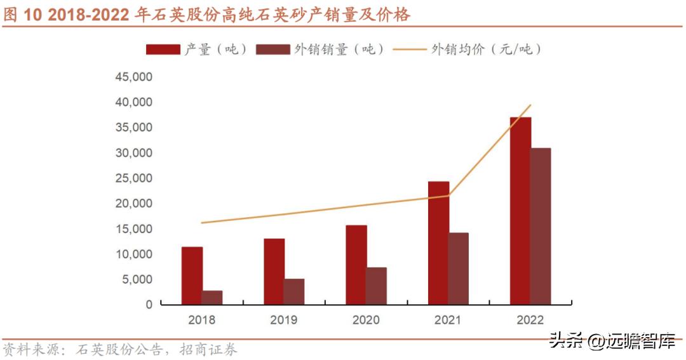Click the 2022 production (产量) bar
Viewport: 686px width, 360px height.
520,211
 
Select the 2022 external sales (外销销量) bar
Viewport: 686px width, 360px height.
541,226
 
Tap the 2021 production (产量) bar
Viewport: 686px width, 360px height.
438,243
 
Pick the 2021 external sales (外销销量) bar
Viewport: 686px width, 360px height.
459,269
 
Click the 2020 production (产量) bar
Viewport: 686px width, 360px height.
356,265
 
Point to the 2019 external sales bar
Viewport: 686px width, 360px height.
294,291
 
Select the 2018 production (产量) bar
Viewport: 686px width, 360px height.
192,276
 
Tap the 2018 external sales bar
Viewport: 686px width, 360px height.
212,297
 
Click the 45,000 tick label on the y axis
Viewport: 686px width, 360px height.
133,77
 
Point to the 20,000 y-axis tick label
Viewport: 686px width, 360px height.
133,203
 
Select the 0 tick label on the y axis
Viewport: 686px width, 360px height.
149,305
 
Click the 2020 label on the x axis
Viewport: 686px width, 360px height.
366,319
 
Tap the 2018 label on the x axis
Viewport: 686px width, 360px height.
202,319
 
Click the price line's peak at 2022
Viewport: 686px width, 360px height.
530,105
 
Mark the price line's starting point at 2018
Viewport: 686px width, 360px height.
202,223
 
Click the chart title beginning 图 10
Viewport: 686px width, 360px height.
206,15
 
